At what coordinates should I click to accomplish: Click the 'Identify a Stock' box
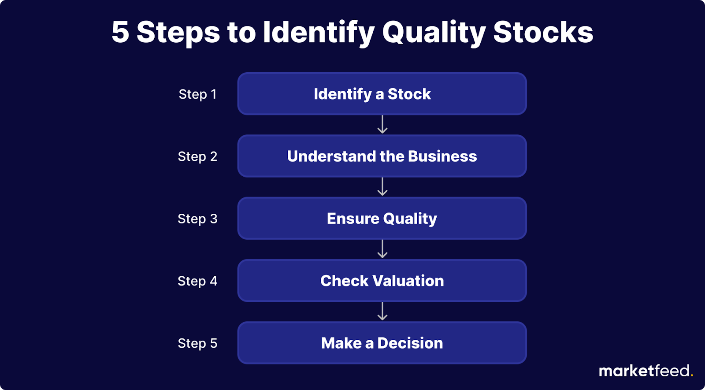coord(382,94)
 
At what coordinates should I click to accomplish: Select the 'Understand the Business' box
coord(382,156)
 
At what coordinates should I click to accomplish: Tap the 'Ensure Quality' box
coord(382,219)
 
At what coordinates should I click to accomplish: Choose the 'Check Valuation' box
coord(382,281)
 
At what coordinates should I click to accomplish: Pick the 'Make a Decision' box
coord(382,343)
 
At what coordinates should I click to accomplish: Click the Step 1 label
coord(198,94)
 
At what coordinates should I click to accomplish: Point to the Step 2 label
coord(198,157)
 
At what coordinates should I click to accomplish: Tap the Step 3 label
coord(198,219)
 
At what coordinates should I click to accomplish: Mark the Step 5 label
coord(198,344)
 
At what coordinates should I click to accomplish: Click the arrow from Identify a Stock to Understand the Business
coord(382,125)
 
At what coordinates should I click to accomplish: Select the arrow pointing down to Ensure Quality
coord(382,187)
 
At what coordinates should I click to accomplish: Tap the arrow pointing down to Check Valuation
coord(382,249)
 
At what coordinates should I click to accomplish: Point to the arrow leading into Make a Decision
coord(382,312)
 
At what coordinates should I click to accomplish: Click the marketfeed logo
coord(646,371)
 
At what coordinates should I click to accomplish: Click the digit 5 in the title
coord(120,32)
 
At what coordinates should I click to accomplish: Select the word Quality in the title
coord(434,33)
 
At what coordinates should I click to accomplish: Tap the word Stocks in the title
coord(543,32)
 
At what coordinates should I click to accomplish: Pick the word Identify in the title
coord(319,33)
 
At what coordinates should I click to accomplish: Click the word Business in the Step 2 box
coord(442,156)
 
